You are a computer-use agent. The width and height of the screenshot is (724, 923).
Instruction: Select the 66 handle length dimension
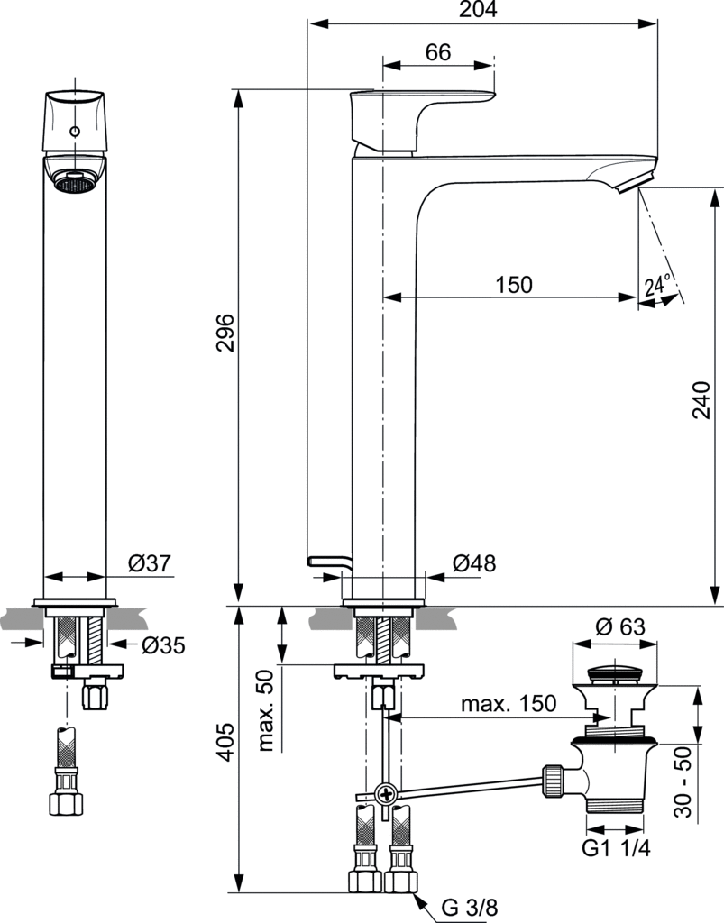click(x=438, y=52)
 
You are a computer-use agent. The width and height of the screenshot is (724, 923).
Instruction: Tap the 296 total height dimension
click(x=225, y=333)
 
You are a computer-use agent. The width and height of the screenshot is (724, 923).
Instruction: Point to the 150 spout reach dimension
click(x=514, y=284)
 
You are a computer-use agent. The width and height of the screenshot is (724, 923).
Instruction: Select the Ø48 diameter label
click(x=474, y=563)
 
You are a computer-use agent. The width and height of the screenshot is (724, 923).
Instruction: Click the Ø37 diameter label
click(x=149, y=563)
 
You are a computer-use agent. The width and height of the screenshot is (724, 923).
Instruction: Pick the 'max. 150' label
click(x=509, y=704)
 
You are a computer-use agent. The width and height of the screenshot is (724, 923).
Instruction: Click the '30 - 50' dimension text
click(x=686, y=782)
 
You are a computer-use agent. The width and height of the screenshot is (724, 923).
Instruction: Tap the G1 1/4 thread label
click(x=617, y=848)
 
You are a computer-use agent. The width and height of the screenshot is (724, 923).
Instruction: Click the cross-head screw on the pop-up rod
click(x=387, y=794)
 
